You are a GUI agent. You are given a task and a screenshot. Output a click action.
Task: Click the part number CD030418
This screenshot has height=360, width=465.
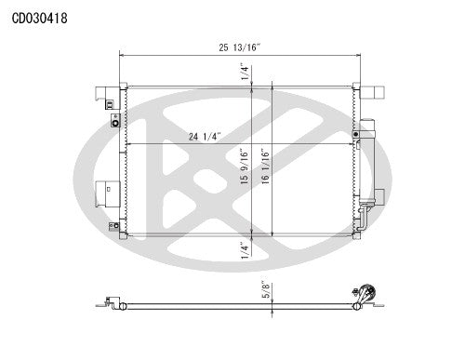(x=39, y=18)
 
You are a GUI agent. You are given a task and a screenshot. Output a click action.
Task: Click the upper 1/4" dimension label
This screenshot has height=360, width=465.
(x=245, y=72)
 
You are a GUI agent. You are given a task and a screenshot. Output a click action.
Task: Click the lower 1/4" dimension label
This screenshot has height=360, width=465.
(x=245, y=248)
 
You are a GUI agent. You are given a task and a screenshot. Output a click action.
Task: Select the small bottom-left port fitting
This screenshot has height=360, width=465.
(x=113, y=225)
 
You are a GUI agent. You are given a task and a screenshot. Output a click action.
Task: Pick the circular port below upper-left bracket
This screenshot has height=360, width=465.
(x=114, y=121)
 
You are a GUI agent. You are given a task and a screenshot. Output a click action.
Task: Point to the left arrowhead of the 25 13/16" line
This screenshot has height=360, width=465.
(x=123, y=55)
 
